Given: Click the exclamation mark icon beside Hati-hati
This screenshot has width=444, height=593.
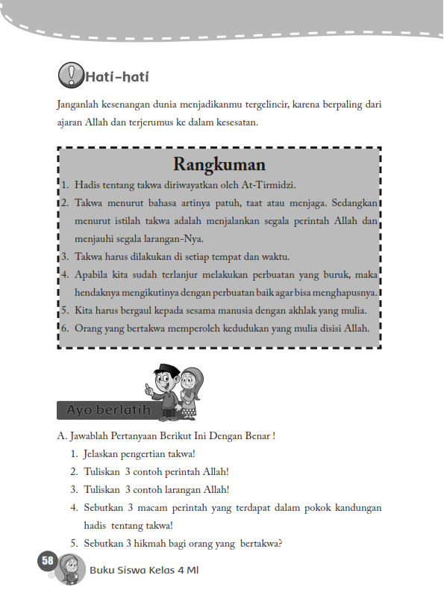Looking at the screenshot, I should [70, 75].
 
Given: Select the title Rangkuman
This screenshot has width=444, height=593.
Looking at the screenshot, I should [219, 164].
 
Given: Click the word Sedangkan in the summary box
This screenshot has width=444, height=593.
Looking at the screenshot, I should [354, 202].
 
